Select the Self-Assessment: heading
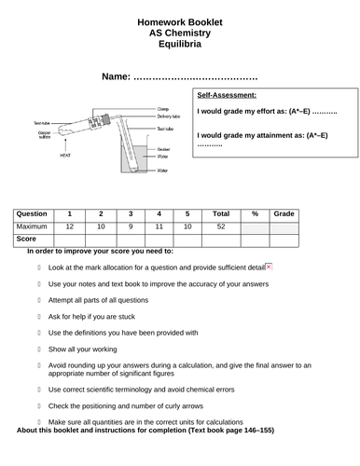click(x=228, y=95)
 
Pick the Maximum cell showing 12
click(x=69, y=226)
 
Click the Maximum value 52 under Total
click(x=221, y=226)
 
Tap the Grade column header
click(x=284, y=213)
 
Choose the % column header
click(x=254, y=213)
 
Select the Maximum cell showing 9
click(x=130, y=226)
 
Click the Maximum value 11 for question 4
click(x=159, y=226)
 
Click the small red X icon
click(x=269, y=267)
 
